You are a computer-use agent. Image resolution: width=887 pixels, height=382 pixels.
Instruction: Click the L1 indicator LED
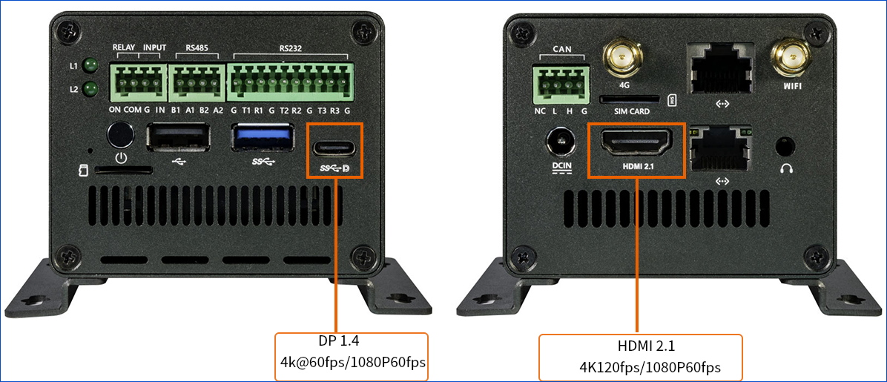click(x=91, y=66)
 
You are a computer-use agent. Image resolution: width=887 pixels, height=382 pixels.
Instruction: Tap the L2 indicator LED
click(x=91, y=89)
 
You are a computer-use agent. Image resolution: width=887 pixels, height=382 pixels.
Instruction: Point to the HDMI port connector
click(x=635, y=142)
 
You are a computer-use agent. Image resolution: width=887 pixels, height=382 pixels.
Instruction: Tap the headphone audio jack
click(x=787, y=145)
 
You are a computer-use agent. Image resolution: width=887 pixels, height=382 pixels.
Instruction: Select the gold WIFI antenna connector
click(x=791, y=56)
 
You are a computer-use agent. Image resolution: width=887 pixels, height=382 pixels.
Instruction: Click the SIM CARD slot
click(x=629, y=98)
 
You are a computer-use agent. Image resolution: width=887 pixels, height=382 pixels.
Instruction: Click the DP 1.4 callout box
click(x=352, y=356)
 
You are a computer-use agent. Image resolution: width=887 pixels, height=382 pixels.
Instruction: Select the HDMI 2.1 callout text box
click(x=640, y=357)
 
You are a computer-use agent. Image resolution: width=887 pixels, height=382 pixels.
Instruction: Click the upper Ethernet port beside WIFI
click(x=722, y=68)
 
